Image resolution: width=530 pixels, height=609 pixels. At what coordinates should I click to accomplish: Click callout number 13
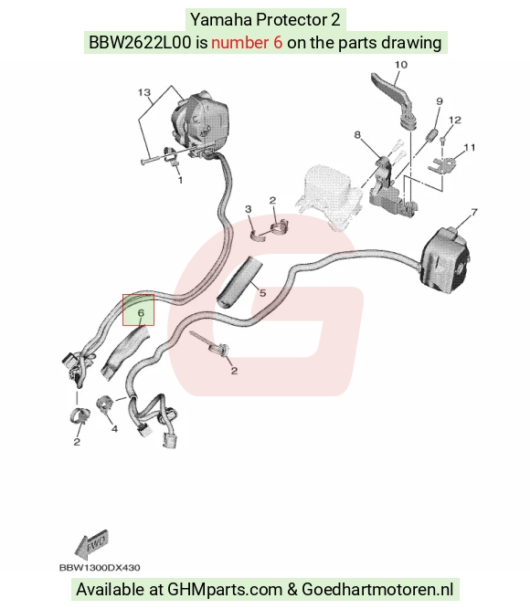(143, 92)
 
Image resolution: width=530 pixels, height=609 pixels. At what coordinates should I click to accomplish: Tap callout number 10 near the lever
(401, 65)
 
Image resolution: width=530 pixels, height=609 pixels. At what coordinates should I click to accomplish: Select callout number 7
(474, 213)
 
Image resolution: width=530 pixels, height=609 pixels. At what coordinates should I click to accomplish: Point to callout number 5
(263, 293)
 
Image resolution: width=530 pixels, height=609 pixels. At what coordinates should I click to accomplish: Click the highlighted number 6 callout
(141, 312)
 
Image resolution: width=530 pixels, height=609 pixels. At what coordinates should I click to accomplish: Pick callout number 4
(114, 429)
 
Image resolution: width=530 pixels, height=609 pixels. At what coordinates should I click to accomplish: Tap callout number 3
(249, 209)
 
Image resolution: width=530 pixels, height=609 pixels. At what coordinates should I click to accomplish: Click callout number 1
(180, 180)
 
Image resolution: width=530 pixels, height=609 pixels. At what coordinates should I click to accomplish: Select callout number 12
(455, 120)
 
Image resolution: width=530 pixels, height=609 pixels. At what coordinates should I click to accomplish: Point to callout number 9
(440, 101)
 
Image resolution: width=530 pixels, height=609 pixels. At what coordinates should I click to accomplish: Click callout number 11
(470, 148)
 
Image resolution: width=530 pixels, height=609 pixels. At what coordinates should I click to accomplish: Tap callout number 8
(357, 135)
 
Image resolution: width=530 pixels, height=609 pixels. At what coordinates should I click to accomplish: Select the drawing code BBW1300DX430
(100, 568)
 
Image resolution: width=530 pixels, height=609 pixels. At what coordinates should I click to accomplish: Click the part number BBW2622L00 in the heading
(140, 42)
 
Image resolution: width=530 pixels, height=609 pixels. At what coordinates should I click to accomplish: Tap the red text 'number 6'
(247, 42)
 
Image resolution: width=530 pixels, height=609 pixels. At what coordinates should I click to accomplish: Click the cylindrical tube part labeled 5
(238, 281)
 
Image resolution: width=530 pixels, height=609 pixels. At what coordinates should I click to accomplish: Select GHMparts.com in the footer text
(225, 590)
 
